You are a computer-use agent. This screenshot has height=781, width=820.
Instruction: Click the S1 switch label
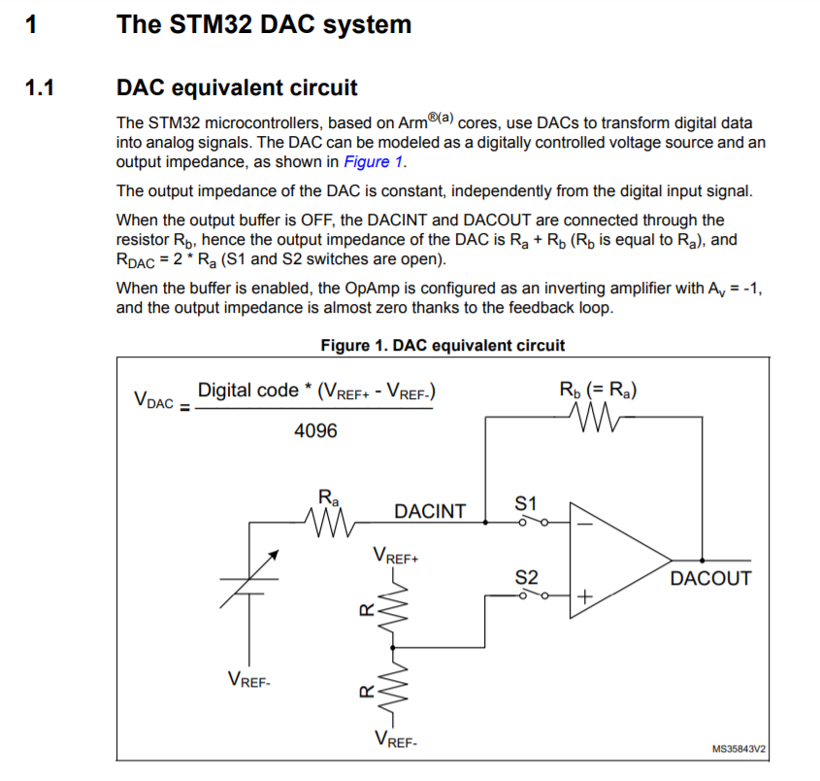point(525,504)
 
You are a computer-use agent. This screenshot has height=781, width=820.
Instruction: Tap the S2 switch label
point(525,577)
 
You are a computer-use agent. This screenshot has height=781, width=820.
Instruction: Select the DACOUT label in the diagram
point(710,579)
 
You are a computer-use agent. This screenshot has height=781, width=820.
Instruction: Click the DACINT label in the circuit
point(430,511)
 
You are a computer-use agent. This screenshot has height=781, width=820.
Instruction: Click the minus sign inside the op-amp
point(586,524)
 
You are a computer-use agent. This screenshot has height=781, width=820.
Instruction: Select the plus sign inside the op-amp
point(585,595)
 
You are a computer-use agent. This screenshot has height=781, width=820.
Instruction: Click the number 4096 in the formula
point(315,430)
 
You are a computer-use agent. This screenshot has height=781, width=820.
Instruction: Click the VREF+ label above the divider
point(395,557)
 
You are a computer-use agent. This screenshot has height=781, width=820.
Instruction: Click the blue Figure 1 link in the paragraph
point(374,161)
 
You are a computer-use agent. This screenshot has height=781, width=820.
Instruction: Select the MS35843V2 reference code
point(738,749)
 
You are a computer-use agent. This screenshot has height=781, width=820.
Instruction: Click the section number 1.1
point(40,88)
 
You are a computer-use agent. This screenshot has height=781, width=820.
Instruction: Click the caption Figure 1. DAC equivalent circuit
point(442,345)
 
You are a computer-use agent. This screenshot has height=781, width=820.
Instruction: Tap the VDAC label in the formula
point(153,399)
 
